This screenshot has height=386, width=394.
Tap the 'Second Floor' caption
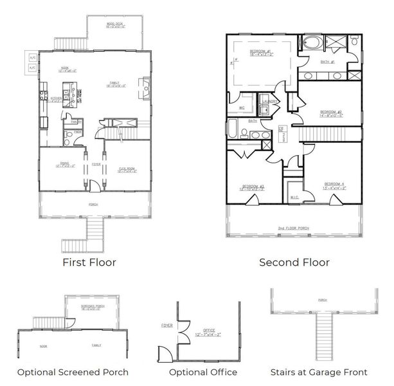[294, 262]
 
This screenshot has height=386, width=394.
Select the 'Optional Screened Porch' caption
[73, 372]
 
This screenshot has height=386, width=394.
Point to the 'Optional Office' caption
[203, 372]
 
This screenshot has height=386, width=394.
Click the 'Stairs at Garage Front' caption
[319, 372]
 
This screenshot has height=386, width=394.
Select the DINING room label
[63, 164]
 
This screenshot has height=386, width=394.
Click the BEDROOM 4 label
[334, 185]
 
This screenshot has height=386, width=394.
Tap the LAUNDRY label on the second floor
[270, 102]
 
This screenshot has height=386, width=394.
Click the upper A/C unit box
[31, 59]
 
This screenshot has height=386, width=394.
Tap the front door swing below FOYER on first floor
[94, 186]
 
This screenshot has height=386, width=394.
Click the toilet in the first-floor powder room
[66, 136]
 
